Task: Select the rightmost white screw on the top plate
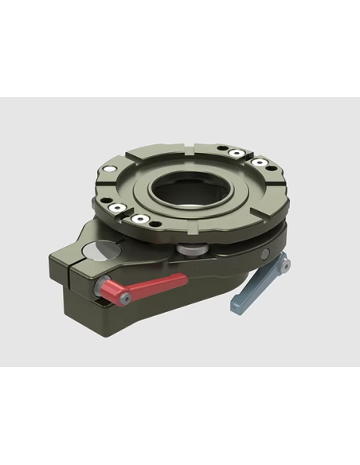(259, 165)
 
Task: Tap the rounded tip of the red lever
(182, 279)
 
